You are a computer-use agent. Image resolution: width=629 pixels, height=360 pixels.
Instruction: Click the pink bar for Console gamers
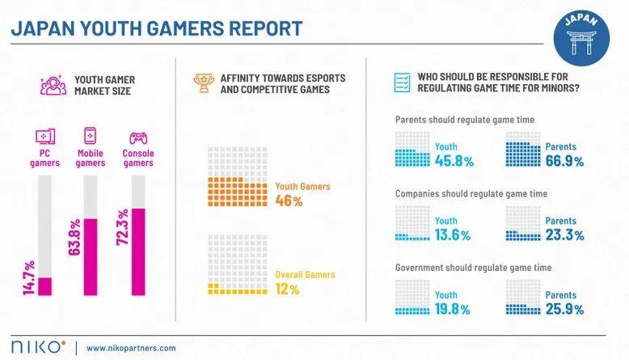137,253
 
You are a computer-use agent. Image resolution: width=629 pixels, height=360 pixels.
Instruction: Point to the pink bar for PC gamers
44,287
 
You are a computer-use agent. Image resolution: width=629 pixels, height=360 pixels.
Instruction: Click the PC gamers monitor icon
44,136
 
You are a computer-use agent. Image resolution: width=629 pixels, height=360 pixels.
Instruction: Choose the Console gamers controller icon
137,136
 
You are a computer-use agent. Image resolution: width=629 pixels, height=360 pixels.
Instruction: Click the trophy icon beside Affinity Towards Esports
201,83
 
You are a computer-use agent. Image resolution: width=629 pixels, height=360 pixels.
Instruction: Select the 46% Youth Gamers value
286,201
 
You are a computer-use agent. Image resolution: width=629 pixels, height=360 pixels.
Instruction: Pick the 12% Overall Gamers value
286,289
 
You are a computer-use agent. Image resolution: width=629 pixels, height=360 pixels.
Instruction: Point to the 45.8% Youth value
454,161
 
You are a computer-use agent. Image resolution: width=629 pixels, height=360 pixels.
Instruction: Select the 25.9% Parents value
564,309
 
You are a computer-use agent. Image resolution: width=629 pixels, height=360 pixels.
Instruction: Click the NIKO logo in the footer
36,346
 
